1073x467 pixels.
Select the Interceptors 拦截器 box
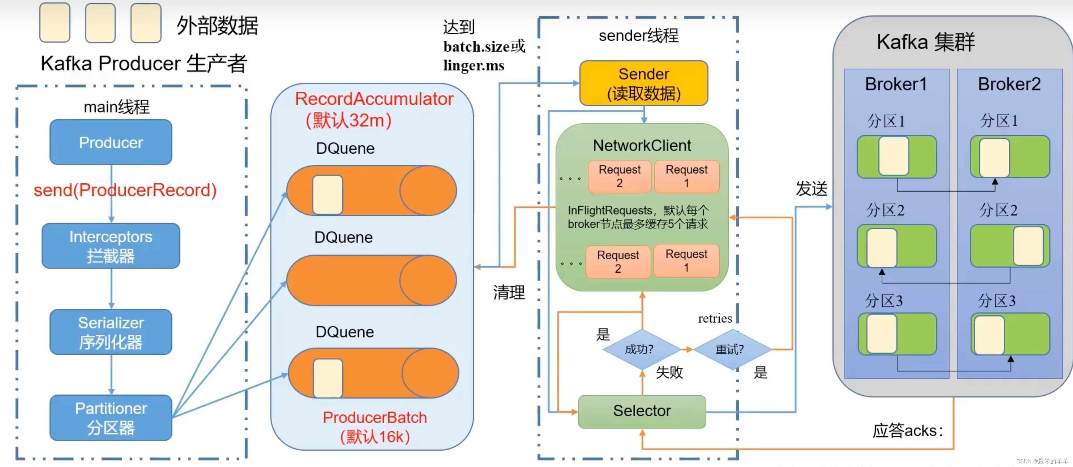click(x=111, y=246)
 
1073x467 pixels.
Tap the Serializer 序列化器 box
click(x=111, y=332)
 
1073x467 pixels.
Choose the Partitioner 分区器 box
click(x=111, y=418)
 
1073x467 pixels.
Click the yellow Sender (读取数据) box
click(x=644, y=84)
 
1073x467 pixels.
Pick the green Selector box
click(x=642, y=411)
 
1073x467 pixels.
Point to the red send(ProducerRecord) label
click(x=125, y=190)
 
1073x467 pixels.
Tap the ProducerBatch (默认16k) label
click(x=375, y=427)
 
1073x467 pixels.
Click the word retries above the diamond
click(x=715, y=319)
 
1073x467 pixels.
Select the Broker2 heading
click(x=1009, y=84)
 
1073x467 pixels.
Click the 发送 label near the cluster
click(x=811, y=189)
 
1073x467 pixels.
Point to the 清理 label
click(x=509, y=292)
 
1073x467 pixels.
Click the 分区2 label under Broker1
click(x=885, y=210)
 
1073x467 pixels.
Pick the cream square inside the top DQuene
click(x=328, y=194)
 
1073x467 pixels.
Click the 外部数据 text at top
click(x=217, y=26)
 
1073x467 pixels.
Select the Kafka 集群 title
click(x=926, y=42)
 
